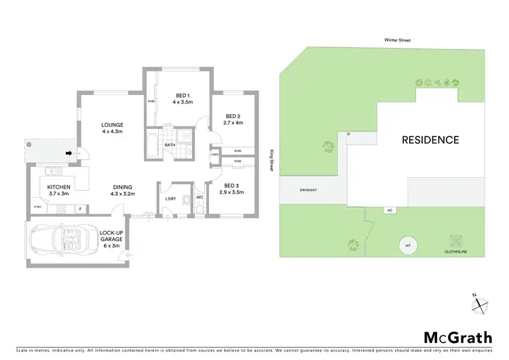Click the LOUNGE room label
[112, 125]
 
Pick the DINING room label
[123, 187]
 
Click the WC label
[200, 198]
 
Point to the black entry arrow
[69, 154]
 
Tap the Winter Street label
[396, 40]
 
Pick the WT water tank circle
[409, 245]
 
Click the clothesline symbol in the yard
[455, 241]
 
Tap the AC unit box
[390, 210]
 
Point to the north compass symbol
[479, 304]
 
